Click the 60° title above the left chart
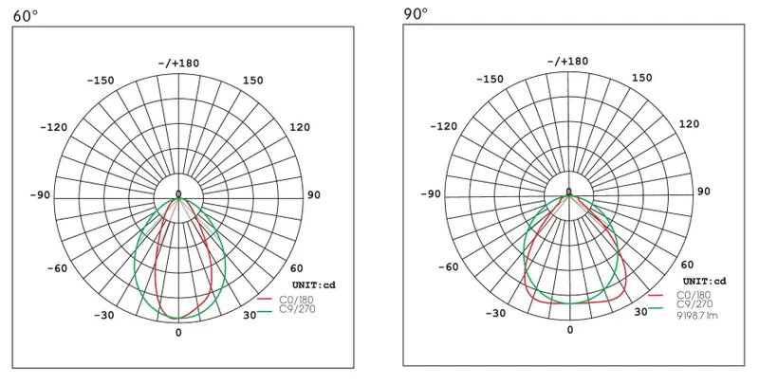pyautogui.click(x=25, y=16)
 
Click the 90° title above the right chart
pyautogui.click(x=416, y=13)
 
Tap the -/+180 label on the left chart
pyautogui.click(x=178, y=64)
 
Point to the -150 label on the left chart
pyautogui.click(x=101, y=81)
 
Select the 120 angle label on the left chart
pyautogui.click(x=300, y=127)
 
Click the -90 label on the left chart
pyautogui.click(x=40, y=195)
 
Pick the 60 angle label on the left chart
pyautogui.click(x=297, y=269)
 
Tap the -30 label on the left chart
pyautogui.click(x=104, y=316)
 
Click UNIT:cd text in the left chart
pyautogui.click(x=314, y=284)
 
